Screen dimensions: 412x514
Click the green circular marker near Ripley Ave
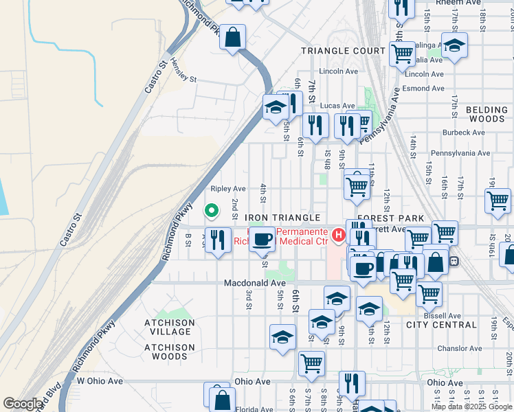tap(212, 210)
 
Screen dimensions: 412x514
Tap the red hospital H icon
tap(338, 236)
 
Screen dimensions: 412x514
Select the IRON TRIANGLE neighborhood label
tap(283, 218)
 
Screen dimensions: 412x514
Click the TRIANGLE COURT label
tap(344, 51)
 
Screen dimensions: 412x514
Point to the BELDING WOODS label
tap(486, 114)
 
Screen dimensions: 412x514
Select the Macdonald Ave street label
tap(254, 283)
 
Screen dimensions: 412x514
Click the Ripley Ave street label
tap(228, 188)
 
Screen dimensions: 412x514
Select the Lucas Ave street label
tap(337, 106)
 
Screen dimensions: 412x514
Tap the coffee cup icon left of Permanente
tap(262, 239)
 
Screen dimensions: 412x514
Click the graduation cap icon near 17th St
tap(454, 45)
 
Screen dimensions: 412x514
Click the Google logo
tap(23, 404)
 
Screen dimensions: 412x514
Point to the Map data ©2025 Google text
tap(471, 407)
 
